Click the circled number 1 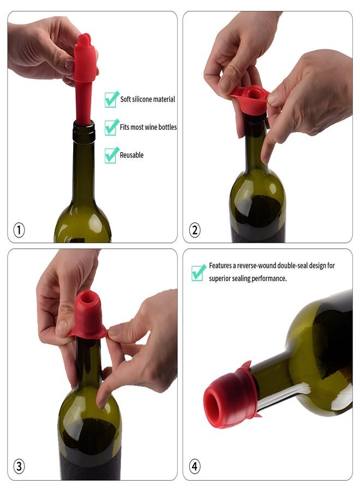pyautogui.click(x=19, y=230)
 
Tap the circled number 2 pyautogui.click(x=195, y=230)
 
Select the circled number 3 pyautogui.click(x=19, y=466)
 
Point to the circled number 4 pyautogui.click(x=195, y=466)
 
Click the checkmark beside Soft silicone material pyautogui.click(x=111, y=99)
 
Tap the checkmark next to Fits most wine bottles pyautogui.click(x=111, y=127)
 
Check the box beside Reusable pyautogui.click(x=111, y=155)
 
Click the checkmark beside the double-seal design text pyautogui.click(x=199, y=272)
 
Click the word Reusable pyautogui.click(x=131, y=155)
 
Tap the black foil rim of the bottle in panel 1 pyautogui.click(x=84, y=131)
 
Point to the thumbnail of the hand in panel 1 pyautogui.click(x=69, y=65)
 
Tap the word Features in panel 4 pyautogui.click(x=220, y=266)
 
